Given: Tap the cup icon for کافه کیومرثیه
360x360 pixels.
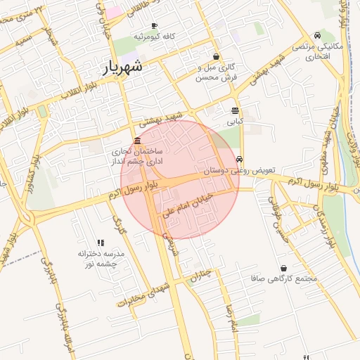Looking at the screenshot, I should (154, 25).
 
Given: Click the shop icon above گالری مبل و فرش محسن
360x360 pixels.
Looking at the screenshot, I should (216, 56).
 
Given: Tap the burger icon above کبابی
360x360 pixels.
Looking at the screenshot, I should (235, 110).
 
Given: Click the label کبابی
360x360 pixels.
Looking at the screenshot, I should (234, 121).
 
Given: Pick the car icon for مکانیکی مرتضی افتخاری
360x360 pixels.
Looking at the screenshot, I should (318, 35).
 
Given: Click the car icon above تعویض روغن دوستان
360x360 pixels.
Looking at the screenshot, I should (240, 159).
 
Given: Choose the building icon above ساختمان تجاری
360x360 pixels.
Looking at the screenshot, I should (136, 141).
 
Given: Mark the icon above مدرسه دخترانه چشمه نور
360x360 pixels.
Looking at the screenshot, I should (100, 243).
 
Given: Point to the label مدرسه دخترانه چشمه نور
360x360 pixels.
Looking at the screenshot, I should (101, 258).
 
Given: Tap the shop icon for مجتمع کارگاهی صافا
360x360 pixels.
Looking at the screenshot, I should (283, 268).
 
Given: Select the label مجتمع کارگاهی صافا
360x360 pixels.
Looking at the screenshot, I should (284, 278).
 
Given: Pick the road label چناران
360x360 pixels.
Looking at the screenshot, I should (200, 275).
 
